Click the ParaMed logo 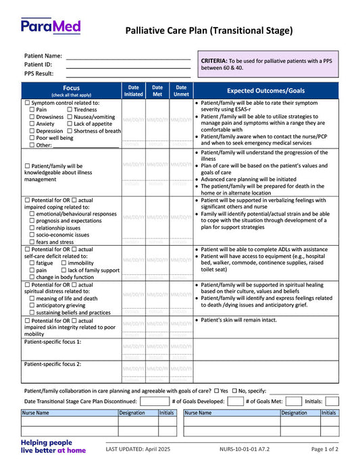pos(51,27)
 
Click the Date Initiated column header pos(134,90)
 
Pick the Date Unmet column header pos(181,90)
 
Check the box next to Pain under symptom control pos(32,109)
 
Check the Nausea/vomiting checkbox pos(70,117)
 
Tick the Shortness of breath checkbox pos(70,131)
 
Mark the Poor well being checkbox pos(32,138)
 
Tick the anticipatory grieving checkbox pos(31,305)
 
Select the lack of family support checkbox pos(63,270)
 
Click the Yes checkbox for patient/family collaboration pos(217,391)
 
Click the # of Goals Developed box pos(235,400)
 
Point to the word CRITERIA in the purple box pos(215,61)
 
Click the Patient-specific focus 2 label pos(53,363)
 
